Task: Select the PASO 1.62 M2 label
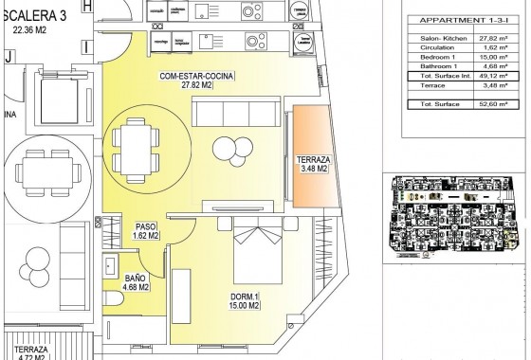coord(146,232)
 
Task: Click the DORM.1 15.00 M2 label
coord(245,301)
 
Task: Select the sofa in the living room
coord(237,115)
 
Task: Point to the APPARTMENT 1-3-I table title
coord(464,20)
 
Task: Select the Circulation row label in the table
coord(435,45)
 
